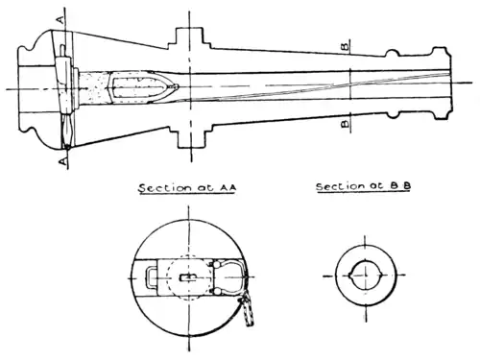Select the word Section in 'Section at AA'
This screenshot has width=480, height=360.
(x=163, y=189)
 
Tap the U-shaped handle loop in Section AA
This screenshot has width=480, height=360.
(x=154, y=277)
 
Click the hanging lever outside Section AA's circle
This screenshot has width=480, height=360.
(x=248, y=309)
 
